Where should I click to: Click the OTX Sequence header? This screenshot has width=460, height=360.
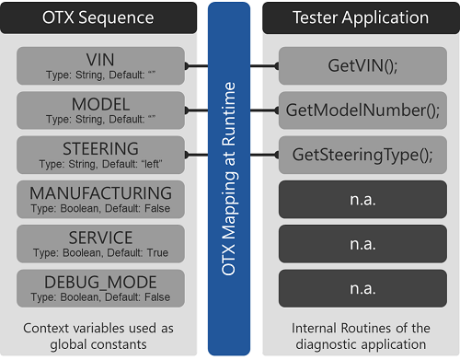pyautogui.click(x=100, y=17)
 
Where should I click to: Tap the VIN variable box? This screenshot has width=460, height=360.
pyautogui.click(x=100, y=65)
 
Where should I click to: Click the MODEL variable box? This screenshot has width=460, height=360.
pyautogui.click(x=100, y=110)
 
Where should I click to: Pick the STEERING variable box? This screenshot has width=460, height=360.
pyautogui.click(x=100, y=154)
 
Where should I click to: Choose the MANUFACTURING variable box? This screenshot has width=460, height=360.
pyautogui.click(x=100, y=199)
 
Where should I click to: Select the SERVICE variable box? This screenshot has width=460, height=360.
pyautogui.click(x=100, y=243)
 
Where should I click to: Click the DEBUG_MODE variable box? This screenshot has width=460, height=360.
pyautogui.click(x=100, y=287)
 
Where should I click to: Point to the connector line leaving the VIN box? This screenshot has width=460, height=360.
pyautogui.click(x=197, y=65)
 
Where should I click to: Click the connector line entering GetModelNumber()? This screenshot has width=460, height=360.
pyautogui.click(x=268, y=110)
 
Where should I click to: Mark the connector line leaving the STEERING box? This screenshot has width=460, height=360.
pyautogui.click(x=197, y=154)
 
